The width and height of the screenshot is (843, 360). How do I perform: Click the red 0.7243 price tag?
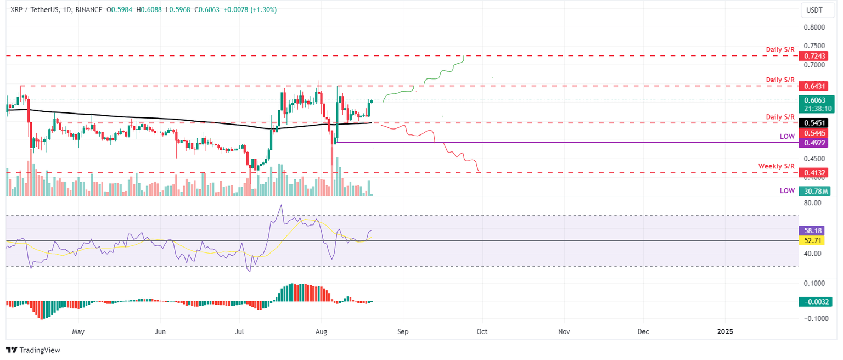coord(813,57)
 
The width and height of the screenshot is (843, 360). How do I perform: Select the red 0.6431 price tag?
coord(813,86)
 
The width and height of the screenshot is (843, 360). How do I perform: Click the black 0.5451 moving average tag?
coord(813,122)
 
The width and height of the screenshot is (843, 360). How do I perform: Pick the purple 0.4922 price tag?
coord(813,143)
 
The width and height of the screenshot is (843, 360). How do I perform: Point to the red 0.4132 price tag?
coord(813,173)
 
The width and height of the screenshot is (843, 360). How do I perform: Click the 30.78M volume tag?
coord(814,191)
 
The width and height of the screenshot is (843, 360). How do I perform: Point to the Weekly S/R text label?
coord(776,166)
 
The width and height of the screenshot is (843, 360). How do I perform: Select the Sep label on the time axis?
coord(403,331)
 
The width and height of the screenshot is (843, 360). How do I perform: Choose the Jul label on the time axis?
coord(239,331)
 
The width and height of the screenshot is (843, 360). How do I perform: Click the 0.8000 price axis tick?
coord(814,27)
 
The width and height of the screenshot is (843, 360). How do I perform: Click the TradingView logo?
coord(33,350)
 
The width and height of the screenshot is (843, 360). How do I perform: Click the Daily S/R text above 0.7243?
coord(780,49)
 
